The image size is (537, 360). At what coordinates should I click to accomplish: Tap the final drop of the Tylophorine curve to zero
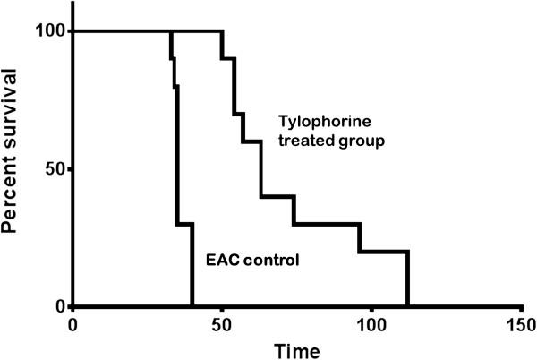[x=407, y=279]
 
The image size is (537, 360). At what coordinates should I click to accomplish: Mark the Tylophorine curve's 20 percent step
[x=383, y=252]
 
